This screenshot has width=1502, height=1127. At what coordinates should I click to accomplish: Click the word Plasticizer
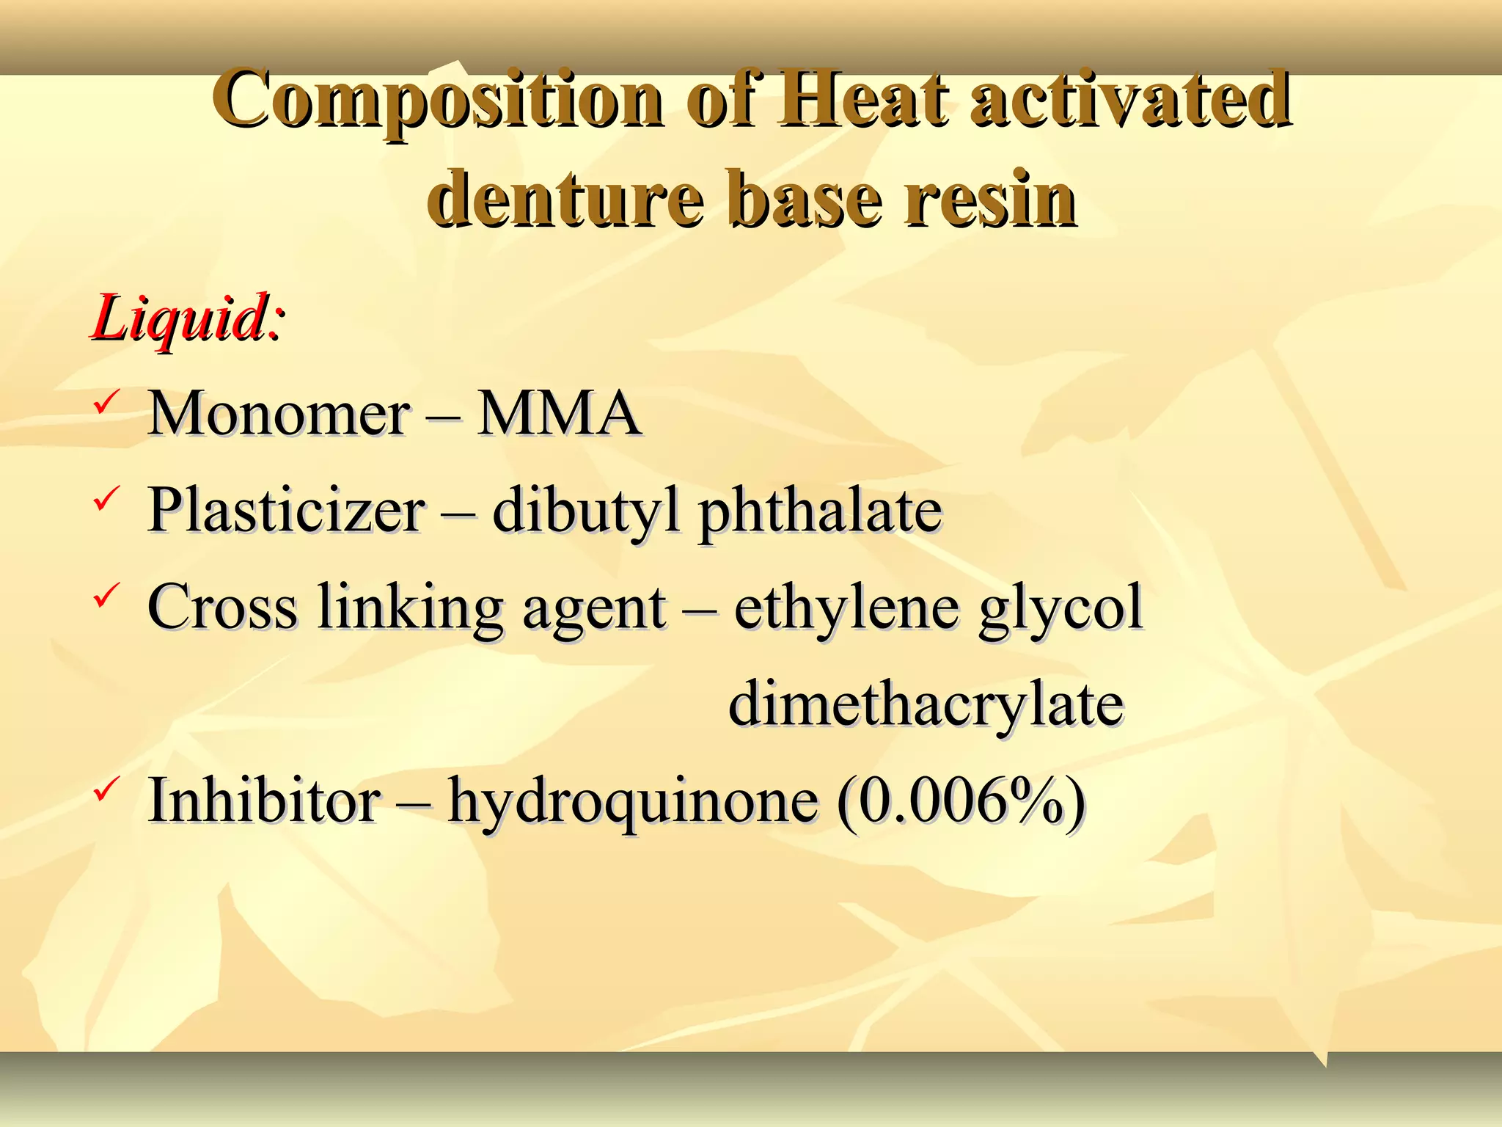click(x=286, y=511)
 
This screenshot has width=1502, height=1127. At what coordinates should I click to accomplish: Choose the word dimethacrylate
click(x=926, y=704)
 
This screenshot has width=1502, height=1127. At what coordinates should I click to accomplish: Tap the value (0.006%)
click(x=961, y=800)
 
